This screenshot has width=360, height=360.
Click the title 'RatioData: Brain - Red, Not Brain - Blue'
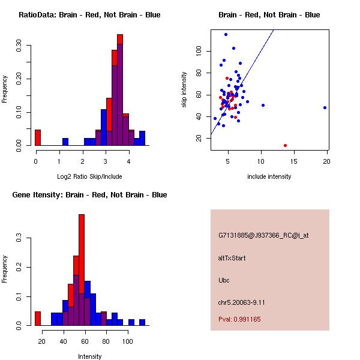click(89, 15)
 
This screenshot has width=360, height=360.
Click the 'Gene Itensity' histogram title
click(89, 195)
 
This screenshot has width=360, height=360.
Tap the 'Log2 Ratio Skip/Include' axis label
click(89, 176)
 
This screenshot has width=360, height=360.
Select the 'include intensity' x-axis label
click(269, 176)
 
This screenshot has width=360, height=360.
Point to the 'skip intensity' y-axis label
click(184, 90)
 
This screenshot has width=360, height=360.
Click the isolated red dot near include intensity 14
click(285, 145)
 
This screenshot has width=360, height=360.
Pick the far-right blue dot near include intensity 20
click(325, 108)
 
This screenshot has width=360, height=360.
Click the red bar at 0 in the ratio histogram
click(38, 137)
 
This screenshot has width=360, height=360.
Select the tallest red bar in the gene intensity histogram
click(82, 269)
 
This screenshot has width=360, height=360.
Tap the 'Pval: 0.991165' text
click(239, 319)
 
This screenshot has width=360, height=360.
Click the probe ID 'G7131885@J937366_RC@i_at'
click(263, 236)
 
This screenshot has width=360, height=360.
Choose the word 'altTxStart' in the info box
click(232, 258)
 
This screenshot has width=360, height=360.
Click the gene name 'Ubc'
click(224, 280)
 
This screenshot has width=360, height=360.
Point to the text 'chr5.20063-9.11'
click(241, 302)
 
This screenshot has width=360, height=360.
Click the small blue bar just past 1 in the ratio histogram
click(65, 142)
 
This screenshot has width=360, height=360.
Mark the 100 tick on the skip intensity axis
click(199, 51)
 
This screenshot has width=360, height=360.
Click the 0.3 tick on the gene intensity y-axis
click(20, 238)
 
